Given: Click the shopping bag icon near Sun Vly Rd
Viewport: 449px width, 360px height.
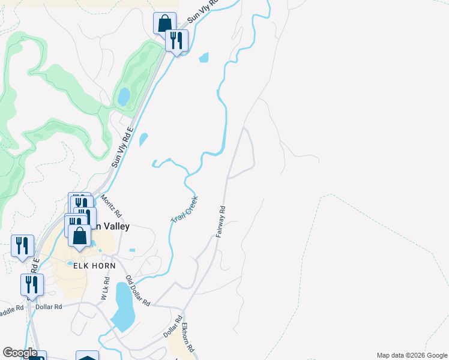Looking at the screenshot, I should click(x=164, y=23).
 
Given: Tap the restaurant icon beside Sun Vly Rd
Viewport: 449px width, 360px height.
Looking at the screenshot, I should click(x=176, y=40).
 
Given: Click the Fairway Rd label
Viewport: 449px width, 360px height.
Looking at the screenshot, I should click(x=220, y=221).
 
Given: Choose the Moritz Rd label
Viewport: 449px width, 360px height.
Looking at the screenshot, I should click(x=111, y=205).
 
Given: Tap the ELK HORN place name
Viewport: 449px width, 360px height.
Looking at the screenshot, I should click(x=89, y=269).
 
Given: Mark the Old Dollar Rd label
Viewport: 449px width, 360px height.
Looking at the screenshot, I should click(x=137, y=290).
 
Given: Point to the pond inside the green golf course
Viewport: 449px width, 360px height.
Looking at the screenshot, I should click(x=123, y=97).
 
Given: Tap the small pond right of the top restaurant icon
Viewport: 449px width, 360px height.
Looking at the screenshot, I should click(x=204, y=58).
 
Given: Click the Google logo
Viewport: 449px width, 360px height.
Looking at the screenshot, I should click(x=20, y=353).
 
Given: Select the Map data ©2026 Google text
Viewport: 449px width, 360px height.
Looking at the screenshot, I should click(x=411, y=355).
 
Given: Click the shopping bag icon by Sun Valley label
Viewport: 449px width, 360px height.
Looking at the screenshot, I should click(x=79, y=235).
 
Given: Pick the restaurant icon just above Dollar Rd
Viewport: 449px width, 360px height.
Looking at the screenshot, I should click(x=32, y=285).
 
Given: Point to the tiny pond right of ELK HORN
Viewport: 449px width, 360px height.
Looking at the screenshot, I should click(x=132, y=250).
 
